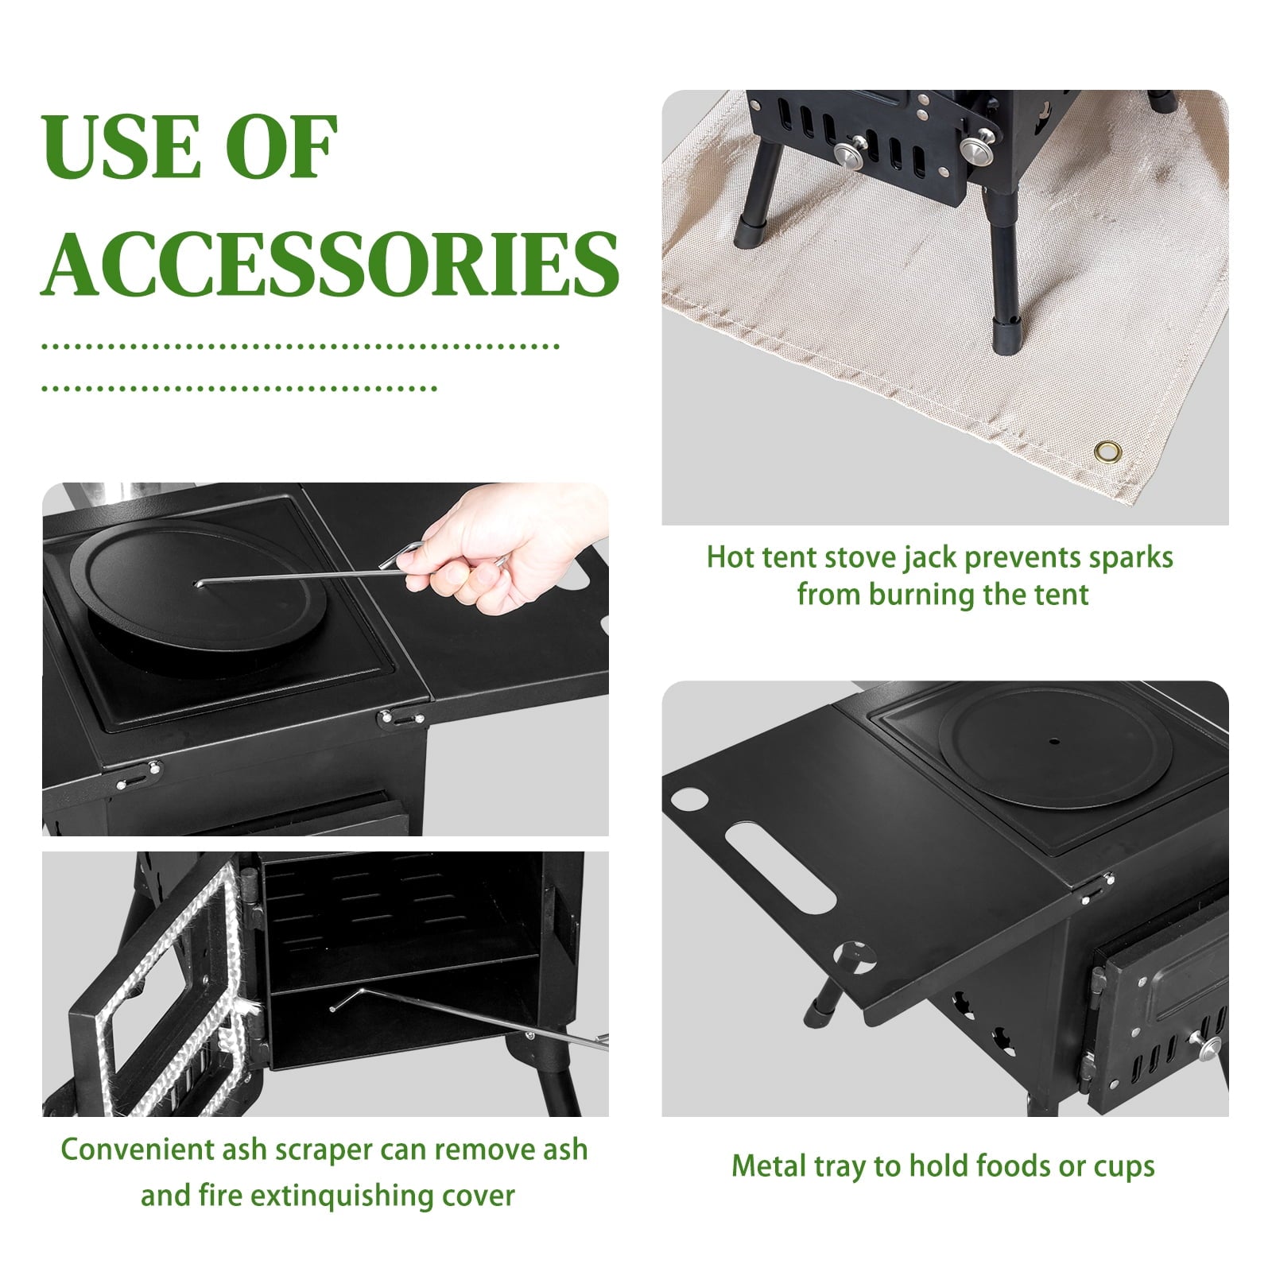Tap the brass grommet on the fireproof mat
click(x=1106, y=452)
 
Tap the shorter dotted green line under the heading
click(x=239, y=389)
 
